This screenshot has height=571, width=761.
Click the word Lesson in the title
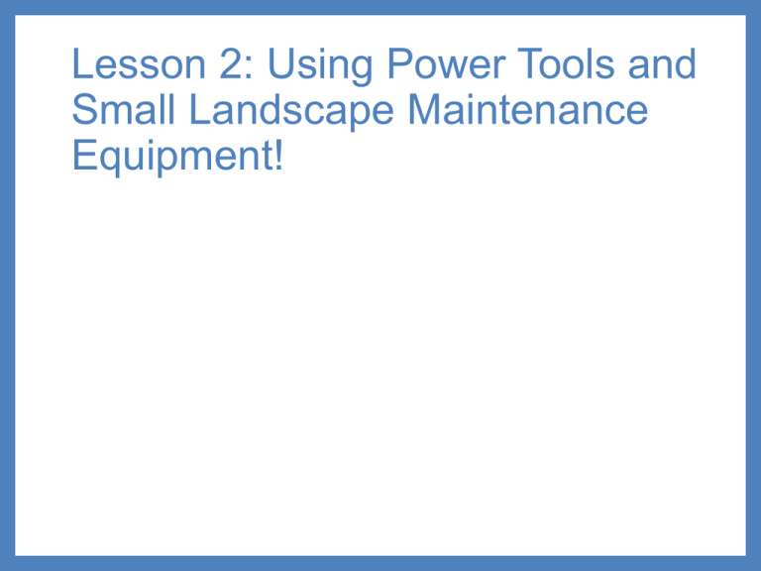click(139, 63)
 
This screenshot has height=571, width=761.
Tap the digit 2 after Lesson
click(231, 63)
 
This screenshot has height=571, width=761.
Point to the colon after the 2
click(249, 68)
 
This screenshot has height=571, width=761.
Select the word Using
click(320, 66)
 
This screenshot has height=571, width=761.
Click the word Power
click(447, 63)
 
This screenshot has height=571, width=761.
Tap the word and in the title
click(662, 63)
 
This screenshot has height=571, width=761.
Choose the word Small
click(123, 109)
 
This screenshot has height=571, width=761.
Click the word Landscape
click(291, 112)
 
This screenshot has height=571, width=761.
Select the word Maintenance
click(528, 109)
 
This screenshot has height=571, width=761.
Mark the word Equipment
click(172, 158)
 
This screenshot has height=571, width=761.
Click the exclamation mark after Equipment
click(278, 155)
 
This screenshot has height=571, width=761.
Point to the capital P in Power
click(400, 63)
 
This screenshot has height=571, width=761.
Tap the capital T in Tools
click(530, 63)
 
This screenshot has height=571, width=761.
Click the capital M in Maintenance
click(425, 109)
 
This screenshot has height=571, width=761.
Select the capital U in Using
click(281, 63)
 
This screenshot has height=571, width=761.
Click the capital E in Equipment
click(84, 155)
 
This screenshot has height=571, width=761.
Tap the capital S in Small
click(84, 109)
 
